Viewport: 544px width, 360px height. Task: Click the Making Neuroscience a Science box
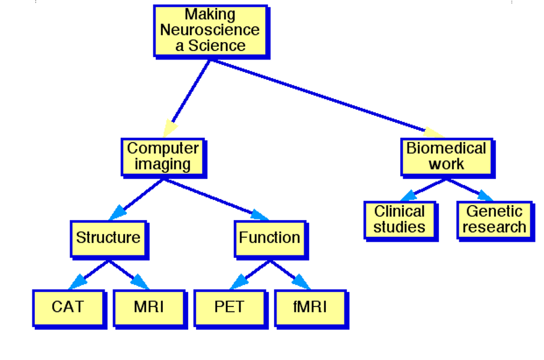(x=210, y=30)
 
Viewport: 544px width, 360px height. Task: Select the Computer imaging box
(x=163, y=156)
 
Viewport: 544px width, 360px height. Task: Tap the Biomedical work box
(x=446, y=156)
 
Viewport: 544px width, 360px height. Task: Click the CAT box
(x=68, y=307)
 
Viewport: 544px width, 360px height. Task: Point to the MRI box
(x=148, y=307)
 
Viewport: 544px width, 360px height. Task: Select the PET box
(x=229, y=307)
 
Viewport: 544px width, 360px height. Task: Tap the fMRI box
(x=310, y=307)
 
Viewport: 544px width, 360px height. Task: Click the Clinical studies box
(x=399, y=219)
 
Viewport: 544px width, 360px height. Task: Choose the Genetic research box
(x=494, y=219)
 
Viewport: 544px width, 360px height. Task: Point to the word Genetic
(x=494, y=212)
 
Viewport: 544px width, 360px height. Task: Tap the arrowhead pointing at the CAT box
(x=79, y=281)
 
